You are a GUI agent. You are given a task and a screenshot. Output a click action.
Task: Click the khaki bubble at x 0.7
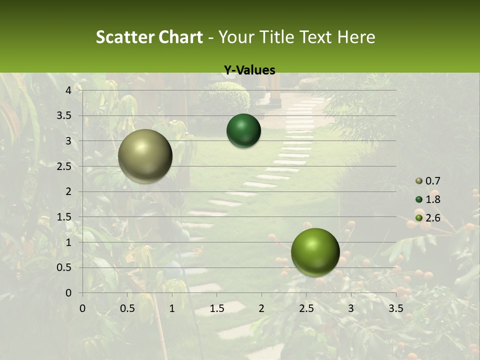click(x=145, y=156)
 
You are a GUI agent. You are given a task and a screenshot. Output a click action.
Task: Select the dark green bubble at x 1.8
click(x=243, y=130)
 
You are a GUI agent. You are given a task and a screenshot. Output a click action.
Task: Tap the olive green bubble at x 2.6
click(x=315, y=252)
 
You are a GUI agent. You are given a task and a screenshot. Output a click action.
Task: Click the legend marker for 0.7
click(x=419, y=181)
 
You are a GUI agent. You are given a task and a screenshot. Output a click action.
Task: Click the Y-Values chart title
click(x=249, y=70)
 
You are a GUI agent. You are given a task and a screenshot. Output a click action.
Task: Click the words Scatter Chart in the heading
click(x=149, y=37)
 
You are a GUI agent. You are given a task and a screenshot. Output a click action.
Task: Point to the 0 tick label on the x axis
click(x=82, y=308)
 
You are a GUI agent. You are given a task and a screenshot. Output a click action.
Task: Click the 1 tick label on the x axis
click(x=172, y=308)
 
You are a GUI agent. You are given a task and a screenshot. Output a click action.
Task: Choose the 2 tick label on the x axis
click(x=261, y=308)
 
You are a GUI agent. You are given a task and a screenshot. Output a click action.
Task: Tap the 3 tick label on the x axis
click(x=351, y=308)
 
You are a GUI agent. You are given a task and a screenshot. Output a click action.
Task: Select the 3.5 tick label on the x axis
click(x=395, y=308)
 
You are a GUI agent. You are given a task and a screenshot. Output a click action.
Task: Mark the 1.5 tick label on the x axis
click(x=216, y=308)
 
